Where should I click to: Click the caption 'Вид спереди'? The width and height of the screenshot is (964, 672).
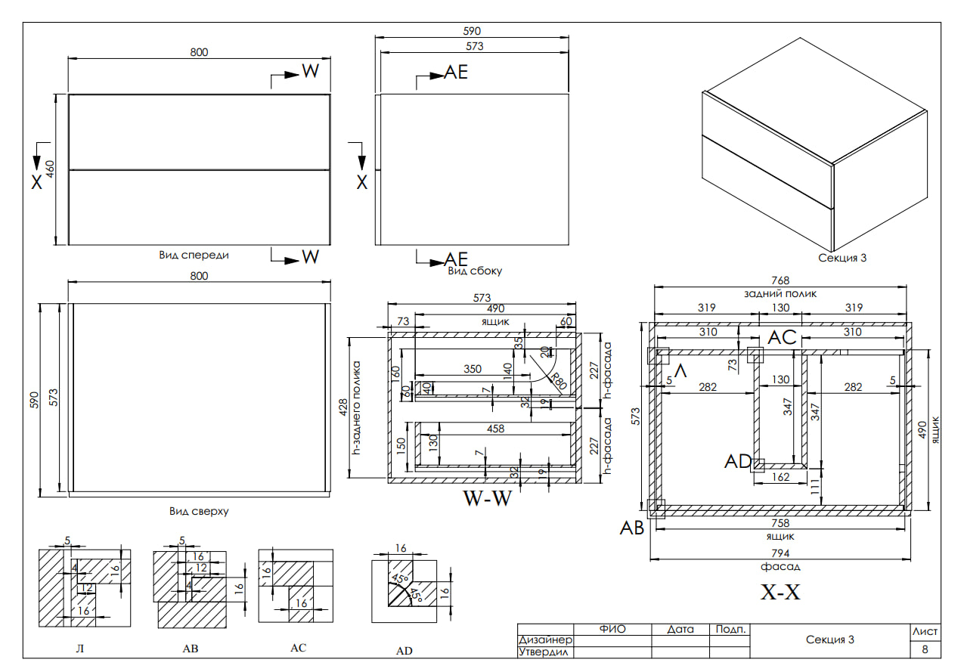point(194,255)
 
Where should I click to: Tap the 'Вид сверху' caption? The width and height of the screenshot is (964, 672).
point(199,511)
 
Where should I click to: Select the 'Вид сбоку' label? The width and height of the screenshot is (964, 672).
point(475,271)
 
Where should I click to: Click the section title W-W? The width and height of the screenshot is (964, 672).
point(488,498)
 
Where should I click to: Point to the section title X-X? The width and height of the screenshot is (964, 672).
point(780,592)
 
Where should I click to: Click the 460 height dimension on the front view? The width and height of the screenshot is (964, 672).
point(50,169)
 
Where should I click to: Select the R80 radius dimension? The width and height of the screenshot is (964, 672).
point(559,381)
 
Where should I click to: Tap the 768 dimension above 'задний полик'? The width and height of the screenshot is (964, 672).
point(780,280)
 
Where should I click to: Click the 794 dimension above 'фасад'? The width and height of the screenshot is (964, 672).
point(780,553)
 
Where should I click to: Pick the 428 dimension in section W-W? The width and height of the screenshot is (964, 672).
point(343,407)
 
